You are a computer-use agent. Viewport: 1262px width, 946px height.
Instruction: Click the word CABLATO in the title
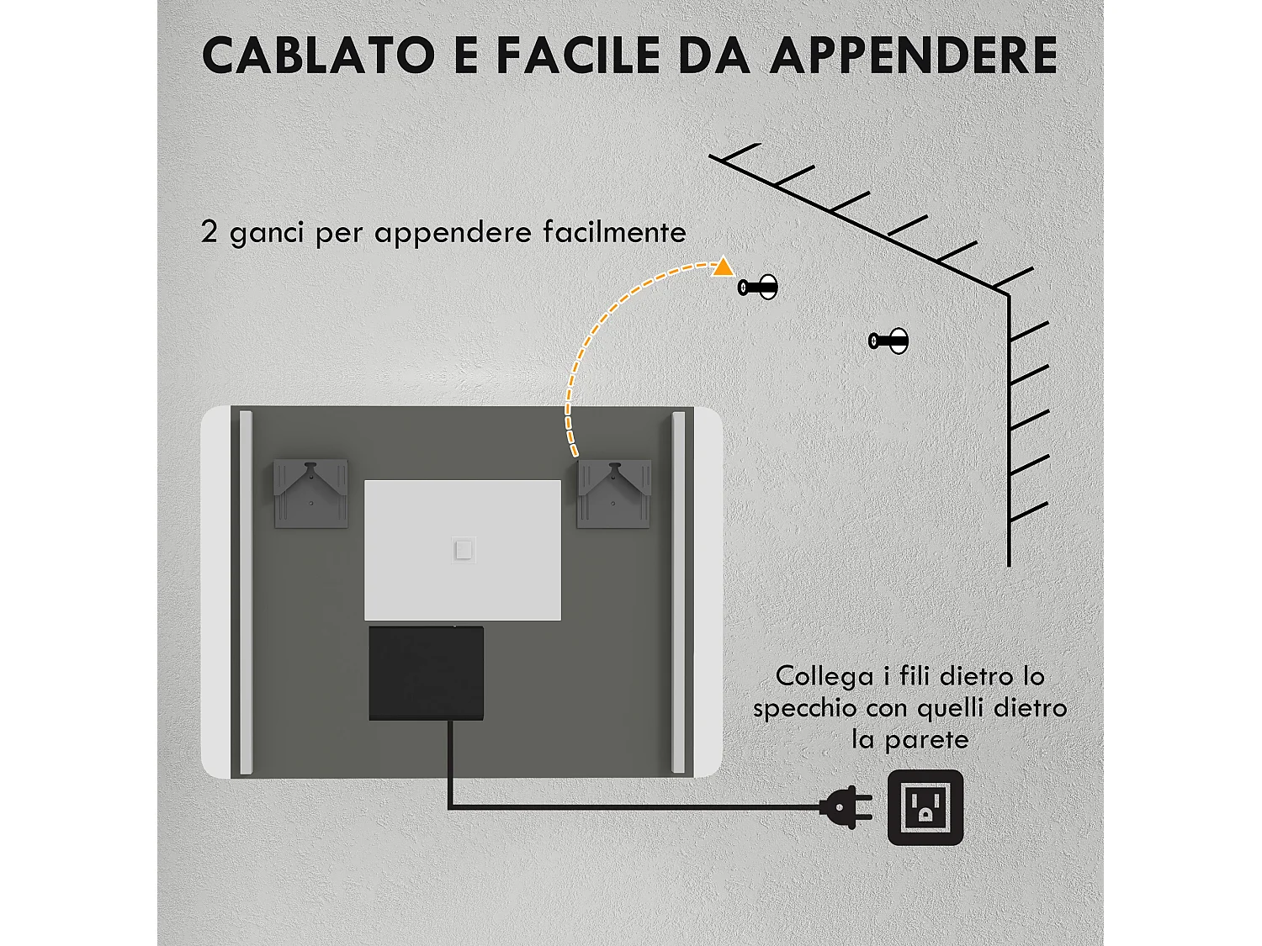tap(319, 56)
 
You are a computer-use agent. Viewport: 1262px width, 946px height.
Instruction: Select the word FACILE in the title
tap(579, 56)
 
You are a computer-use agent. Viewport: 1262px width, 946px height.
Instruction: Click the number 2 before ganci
tap(209, 231)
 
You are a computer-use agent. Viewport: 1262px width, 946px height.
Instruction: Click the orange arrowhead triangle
tap(723, 268)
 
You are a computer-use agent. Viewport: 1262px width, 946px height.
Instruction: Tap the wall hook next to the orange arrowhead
tap(759, 288)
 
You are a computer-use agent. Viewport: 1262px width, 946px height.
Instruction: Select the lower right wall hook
tap(889, 341)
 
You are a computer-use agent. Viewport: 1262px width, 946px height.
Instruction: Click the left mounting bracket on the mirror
tap(310, 494)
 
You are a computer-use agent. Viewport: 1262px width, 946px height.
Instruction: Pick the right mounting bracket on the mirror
tap(613, 494)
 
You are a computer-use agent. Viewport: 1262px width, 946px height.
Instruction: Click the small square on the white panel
tap(464, 550)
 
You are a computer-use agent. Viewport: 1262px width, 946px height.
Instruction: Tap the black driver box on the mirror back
tap(427, 674)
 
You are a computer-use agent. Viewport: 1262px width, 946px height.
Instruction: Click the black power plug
tap(847, 807)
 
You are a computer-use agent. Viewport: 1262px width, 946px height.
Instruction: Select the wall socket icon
tap(925, 807)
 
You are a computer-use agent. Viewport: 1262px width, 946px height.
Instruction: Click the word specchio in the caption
tap(805, 708)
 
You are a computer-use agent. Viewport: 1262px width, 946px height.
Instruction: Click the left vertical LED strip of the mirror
tap(246, 592)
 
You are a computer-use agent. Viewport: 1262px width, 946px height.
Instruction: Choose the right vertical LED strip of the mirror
tap(678, 592)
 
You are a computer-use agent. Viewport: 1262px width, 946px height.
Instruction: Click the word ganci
tap(266, 233)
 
